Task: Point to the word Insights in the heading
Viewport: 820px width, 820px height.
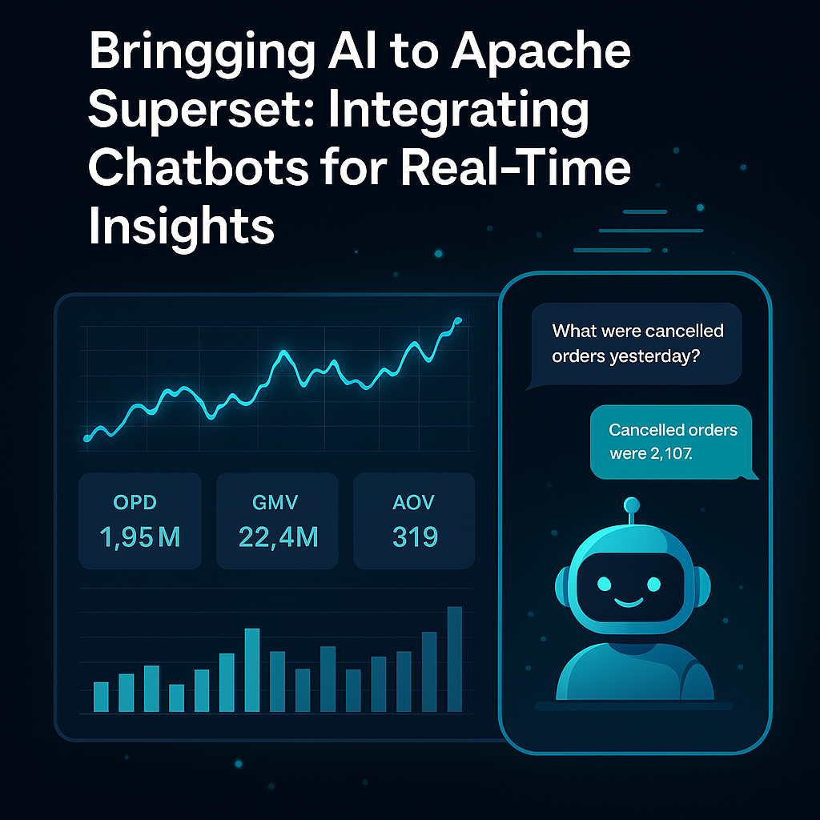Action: pos(181,226)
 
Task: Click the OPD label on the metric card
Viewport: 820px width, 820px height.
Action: pos(135,503)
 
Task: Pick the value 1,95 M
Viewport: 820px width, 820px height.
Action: pos(139,537)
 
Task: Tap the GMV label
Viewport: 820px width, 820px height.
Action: pos(275,503)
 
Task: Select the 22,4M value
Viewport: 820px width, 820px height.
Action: pos(278,537)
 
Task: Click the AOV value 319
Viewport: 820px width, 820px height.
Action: pos(415,537)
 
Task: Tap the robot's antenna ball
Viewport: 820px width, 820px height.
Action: pos(632,505)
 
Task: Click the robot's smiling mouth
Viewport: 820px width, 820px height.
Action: pos(628,602)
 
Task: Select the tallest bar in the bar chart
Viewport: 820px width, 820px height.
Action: pos(455,659)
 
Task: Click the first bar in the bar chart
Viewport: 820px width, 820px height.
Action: pos(101,697)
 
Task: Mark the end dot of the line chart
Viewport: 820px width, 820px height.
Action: pos(458,320)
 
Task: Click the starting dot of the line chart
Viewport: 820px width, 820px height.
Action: pos(87,439)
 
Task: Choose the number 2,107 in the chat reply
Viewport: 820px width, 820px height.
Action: pos(671,453)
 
